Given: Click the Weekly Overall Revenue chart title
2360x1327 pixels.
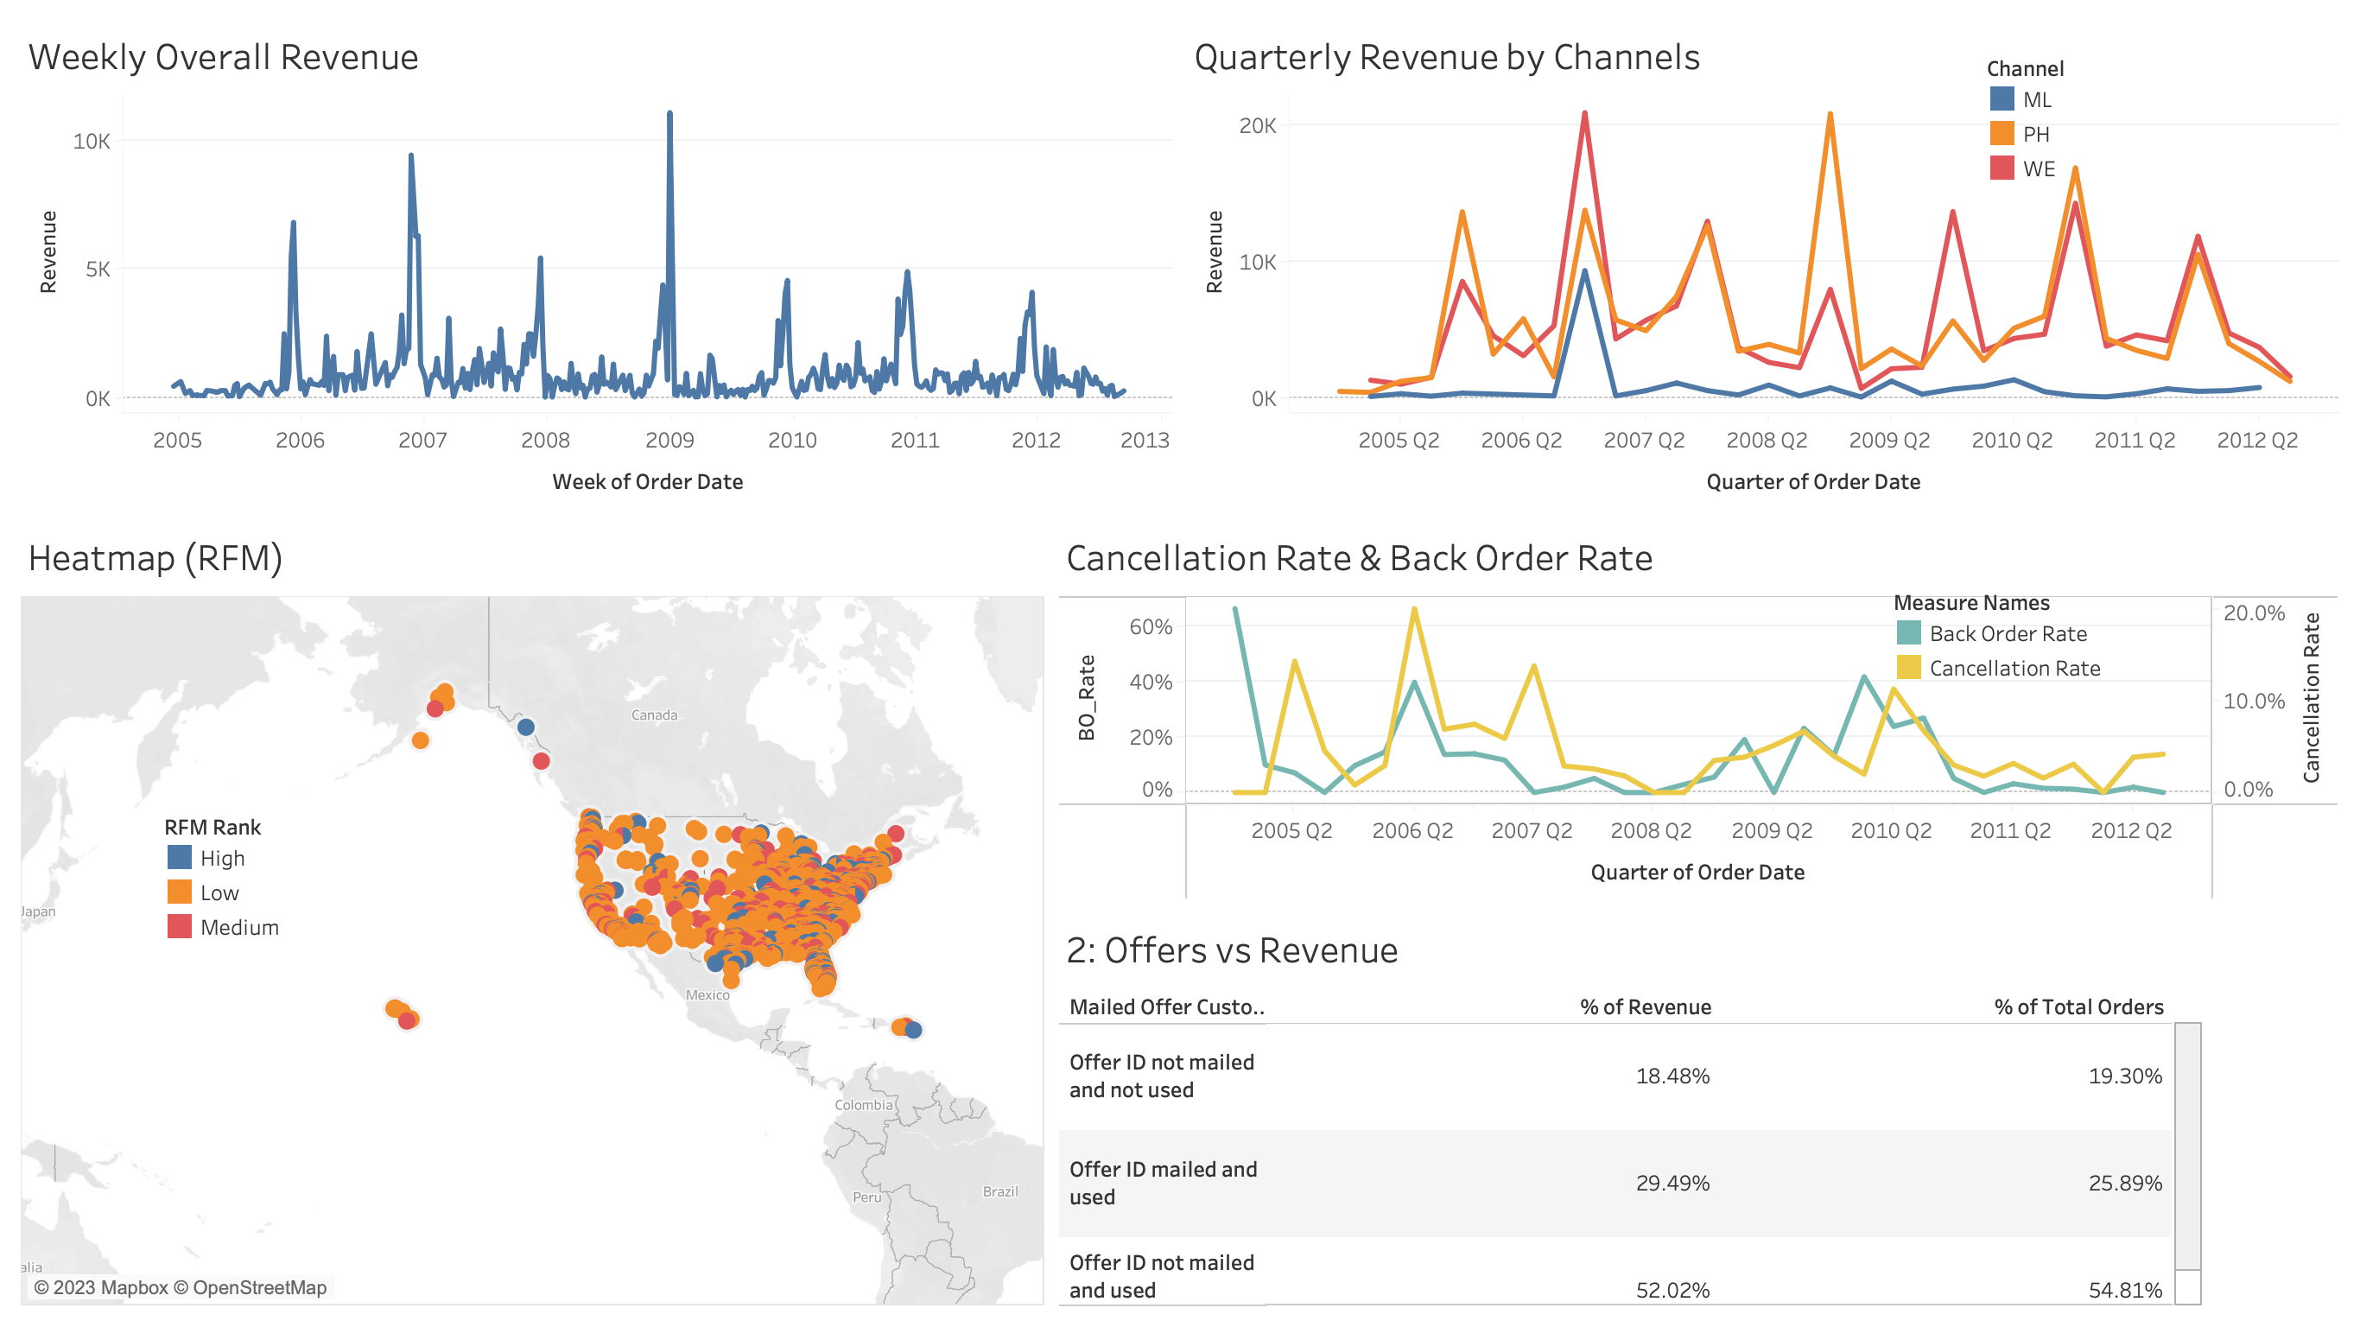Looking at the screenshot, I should pos(223,57).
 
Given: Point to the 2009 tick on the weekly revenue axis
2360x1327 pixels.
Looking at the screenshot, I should pos(669,440).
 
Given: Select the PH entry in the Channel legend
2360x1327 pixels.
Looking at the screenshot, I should pos(2035,135).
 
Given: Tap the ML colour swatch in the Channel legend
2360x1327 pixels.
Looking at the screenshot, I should pos(2002,100).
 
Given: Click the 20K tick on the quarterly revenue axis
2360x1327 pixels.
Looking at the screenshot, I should pos(1257,125).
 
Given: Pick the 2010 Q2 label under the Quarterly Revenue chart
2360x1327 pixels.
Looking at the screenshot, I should pos(2011,440).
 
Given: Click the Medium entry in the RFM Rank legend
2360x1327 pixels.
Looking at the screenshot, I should pos(238,928).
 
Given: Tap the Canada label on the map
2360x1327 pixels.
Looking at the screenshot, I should pos(654,714).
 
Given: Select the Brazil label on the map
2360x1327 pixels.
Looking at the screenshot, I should pos(999,1191).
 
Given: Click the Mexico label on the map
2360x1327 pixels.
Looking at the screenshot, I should pos(707,994).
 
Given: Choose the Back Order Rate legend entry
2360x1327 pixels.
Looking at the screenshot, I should pos(2008,634).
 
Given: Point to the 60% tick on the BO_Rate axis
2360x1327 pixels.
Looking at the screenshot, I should pos(1150,627).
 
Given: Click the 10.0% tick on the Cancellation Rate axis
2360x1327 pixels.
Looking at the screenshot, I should pos(2254,701).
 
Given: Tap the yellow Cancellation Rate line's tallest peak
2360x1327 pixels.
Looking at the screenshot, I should pos(1415,609).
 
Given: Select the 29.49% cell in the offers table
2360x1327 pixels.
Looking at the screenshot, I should pos(1672,1183).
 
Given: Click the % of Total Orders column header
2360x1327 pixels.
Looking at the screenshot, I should pos(2078,1007).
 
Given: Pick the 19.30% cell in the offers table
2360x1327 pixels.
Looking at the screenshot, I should pos(2124,1076).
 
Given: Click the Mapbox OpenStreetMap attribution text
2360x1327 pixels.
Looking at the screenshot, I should pos(181,1287).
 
